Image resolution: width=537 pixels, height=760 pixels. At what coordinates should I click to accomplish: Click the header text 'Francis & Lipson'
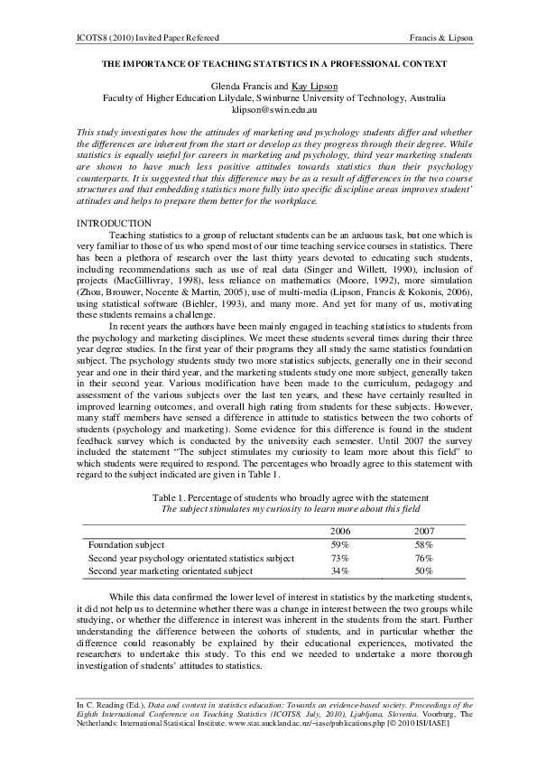click(x=440, y=37)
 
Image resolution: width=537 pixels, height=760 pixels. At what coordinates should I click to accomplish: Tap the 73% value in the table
click(x=341, y=559)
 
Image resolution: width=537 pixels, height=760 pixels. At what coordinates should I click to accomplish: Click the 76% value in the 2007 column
click(x=423, y=559)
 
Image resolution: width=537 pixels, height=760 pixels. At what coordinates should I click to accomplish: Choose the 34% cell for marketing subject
click(x=341, y=571)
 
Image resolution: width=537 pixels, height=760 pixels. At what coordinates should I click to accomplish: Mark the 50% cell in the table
click(x=423, y=571)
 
